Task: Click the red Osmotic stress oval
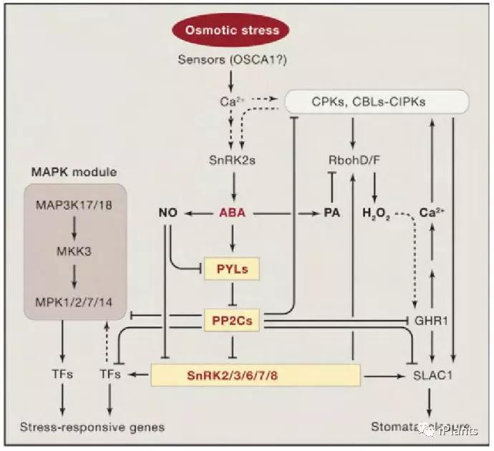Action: pyautogui.click(x=232, y=30)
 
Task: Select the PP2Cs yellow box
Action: pyautogui.click(x=232, y=321)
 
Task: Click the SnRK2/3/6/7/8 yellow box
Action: pyautogui.click(x=254, y=374)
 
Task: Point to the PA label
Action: pyautogui.click(x=331, y=213)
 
